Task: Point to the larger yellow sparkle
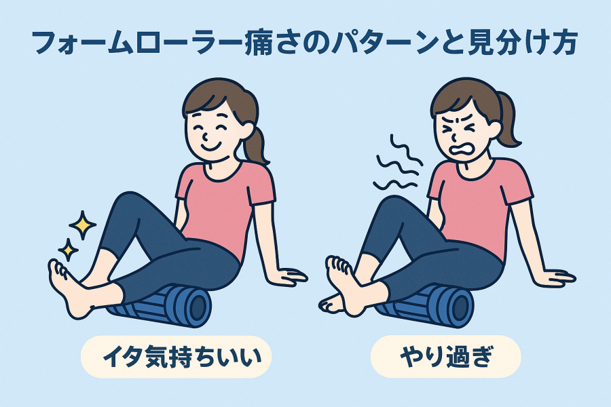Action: (x=82, y=225)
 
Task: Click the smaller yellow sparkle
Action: (x=68, y=249)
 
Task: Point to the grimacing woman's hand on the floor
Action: (x=557, y=277)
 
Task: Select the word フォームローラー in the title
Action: (x=138, y=43)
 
